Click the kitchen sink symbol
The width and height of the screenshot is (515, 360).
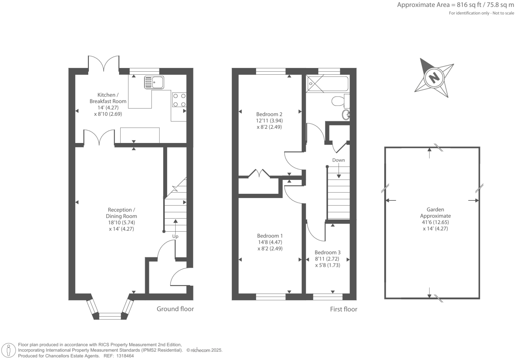[154, 82]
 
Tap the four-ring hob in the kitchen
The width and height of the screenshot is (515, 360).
[179, 100]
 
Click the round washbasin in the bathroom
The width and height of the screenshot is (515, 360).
[346, 115]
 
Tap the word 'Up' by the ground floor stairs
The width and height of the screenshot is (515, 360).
[175, 236]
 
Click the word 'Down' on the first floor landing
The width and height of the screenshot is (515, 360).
[339, 160]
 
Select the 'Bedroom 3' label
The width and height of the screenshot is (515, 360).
[328, 252]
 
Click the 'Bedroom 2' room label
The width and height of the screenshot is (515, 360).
[269, 114]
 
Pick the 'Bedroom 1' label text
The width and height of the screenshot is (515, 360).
[270, 236]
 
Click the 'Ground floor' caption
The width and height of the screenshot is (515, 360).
[175, 309]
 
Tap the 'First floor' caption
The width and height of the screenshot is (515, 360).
[344, 309]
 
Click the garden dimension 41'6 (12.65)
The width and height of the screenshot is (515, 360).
[435, 222]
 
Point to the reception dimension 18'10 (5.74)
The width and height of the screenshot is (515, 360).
[121, 223]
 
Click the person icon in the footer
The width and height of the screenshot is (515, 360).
[9, 350]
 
